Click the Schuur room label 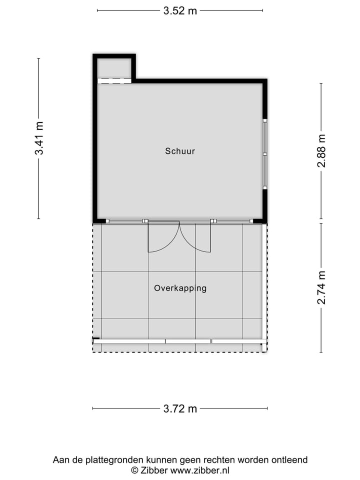point(180,150)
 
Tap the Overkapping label point(180,288)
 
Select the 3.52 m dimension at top point(180,10)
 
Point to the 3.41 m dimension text point(39,138)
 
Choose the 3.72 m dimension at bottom point(180,408)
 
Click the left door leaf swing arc point(165,240)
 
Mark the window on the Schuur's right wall point(265,154)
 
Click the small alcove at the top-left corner point(114,68)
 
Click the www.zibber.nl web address point(199,470)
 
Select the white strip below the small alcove point(114,80)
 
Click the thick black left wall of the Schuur point(94,150)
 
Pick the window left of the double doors point(124,221)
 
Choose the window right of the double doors point(232,221)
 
